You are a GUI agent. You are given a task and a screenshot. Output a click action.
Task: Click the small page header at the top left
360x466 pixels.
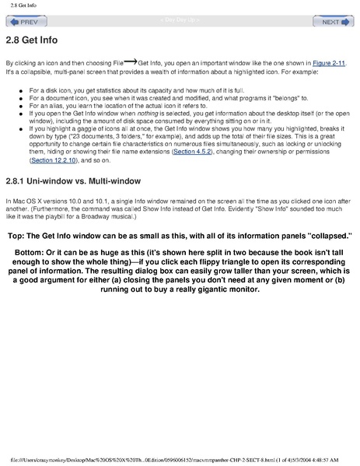coord(16,5)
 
